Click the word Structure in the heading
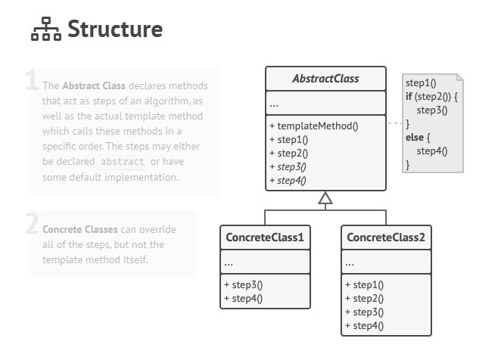[114, 29]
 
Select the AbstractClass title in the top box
[325, 79]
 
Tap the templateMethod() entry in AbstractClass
[313, 126]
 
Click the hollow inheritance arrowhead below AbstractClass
[325, 199]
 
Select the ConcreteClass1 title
[265, 238]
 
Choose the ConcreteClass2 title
[386, 238]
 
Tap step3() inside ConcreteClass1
[243, 285]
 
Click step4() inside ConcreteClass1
[243, 299]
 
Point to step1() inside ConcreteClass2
[364, 285]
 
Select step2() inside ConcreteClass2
[364, 299]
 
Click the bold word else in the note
[415, 137]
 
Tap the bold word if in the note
[409, 97]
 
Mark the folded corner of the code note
[458, 79]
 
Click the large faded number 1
[31, 80]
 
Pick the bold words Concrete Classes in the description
[79, 230]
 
